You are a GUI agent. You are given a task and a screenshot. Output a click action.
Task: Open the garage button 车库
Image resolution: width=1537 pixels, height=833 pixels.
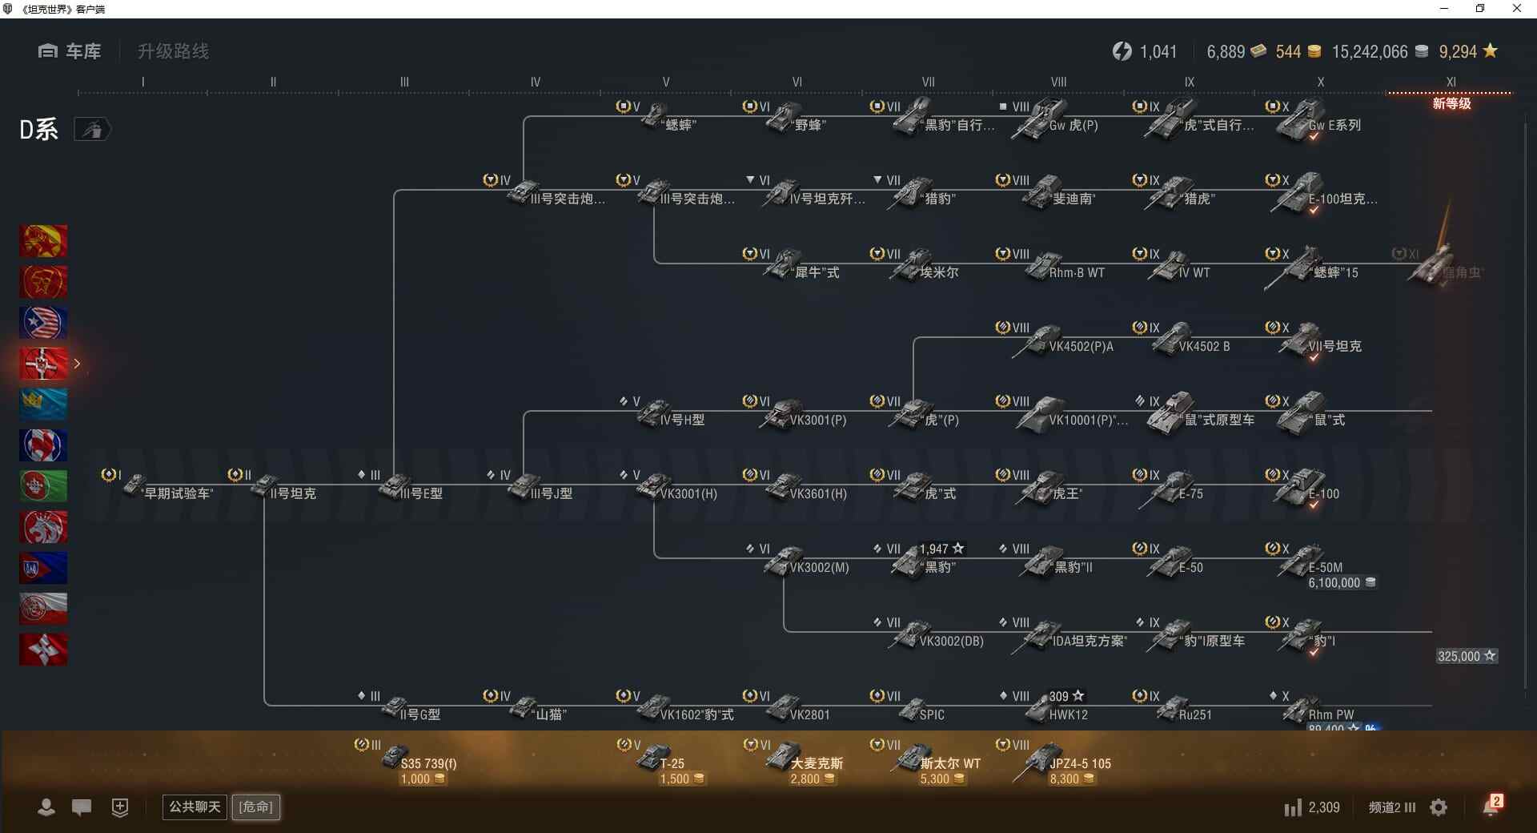70,51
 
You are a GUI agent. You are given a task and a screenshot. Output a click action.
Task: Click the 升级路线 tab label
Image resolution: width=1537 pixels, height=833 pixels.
173,51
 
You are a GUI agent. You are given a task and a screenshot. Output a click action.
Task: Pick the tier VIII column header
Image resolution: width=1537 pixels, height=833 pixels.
1058,82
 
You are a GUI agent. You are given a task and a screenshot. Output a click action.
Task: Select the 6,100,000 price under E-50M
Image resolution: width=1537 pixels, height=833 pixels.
1341,583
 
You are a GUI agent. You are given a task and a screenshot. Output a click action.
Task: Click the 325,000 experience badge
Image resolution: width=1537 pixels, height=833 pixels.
1466,656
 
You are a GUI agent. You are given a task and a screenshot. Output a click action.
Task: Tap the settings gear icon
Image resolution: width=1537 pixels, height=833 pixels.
1439,807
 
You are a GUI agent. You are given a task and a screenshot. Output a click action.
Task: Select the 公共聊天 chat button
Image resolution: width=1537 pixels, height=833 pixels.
195,807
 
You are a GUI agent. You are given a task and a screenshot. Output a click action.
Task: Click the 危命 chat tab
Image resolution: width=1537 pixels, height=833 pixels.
256,807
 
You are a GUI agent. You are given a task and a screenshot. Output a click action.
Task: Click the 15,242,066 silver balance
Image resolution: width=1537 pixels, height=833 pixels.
1370,52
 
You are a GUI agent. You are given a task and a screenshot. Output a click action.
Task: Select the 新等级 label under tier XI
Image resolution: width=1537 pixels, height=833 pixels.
1451,103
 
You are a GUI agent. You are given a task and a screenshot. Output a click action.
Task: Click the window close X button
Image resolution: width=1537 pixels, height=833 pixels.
1516,9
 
